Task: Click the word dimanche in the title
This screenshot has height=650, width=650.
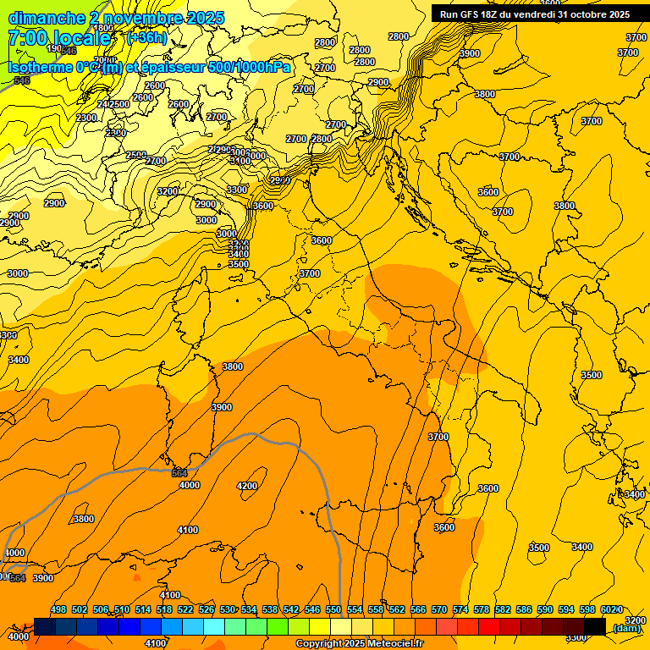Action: coord(46,17)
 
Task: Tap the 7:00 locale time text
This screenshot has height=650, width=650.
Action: coord(58,38)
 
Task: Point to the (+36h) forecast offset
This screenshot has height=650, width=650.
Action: coord(146,38)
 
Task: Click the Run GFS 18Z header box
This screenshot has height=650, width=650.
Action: coord(534,14)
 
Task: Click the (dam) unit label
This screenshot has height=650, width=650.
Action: coord(625,628)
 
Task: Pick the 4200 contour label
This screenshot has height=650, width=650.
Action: coord(247,486)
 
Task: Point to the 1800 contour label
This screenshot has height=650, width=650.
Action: coord(102,28)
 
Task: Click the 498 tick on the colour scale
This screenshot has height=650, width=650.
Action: coord(58,610)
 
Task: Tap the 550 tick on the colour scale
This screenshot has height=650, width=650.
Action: coord(333,610)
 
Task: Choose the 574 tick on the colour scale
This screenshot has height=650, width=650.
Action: coord(460,610)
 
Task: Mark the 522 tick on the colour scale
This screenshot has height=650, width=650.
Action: coord(185,610)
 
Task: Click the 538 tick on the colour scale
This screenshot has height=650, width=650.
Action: coord(270,610)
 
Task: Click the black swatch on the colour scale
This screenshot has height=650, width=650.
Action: coord(595,626)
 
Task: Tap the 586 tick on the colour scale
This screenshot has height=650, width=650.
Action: coord(524,610)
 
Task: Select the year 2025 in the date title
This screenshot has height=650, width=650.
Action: coord(206,17)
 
